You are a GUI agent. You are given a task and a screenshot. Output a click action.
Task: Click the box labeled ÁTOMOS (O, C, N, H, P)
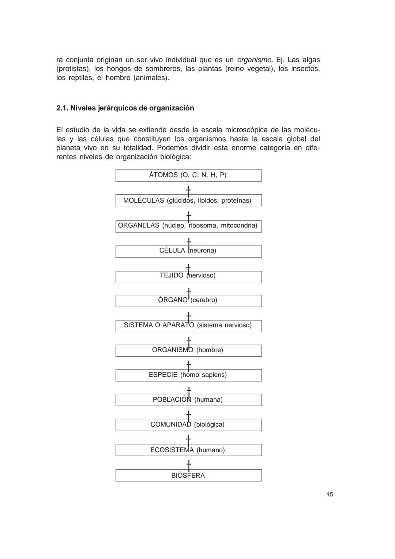[x=188, y=176]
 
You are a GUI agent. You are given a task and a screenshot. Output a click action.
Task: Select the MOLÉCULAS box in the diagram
[x=188, y=200]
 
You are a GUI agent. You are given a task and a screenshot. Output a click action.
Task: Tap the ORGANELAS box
[x=188, y=226]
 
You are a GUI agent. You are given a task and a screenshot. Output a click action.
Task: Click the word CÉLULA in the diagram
[x=172, y=251]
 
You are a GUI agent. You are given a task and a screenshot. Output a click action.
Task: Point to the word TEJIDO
[x=171, y=275]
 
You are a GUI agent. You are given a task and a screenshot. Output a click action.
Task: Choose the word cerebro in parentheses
[x=204, y=300]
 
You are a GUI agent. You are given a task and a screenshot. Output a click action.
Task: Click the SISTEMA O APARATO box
[x=188, y=326]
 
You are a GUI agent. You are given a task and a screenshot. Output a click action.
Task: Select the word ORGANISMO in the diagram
[x=172, y=350]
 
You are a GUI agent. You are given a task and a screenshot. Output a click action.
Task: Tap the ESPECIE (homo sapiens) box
[x=188, y=375]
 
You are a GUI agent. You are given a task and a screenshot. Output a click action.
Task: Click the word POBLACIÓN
[x=172, y=400]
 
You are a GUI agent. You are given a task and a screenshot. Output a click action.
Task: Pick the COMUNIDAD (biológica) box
[x=188, y=425]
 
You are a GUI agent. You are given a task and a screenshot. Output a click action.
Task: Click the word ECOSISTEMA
[x=172, y=450]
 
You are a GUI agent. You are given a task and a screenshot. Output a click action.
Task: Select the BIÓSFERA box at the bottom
[x=188, y=476]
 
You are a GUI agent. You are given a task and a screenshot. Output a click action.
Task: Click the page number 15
[x=330, y=495]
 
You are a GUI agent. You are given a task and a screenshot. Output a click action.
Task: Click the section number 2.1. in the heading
[x=62, y=108]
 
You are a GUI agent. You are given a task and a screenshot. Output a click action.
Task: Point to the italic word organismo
[x=255, y=60]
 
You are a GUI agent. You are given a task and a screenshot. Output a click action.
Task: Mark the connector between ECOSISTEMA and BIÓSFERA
[x=188, y=465]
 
